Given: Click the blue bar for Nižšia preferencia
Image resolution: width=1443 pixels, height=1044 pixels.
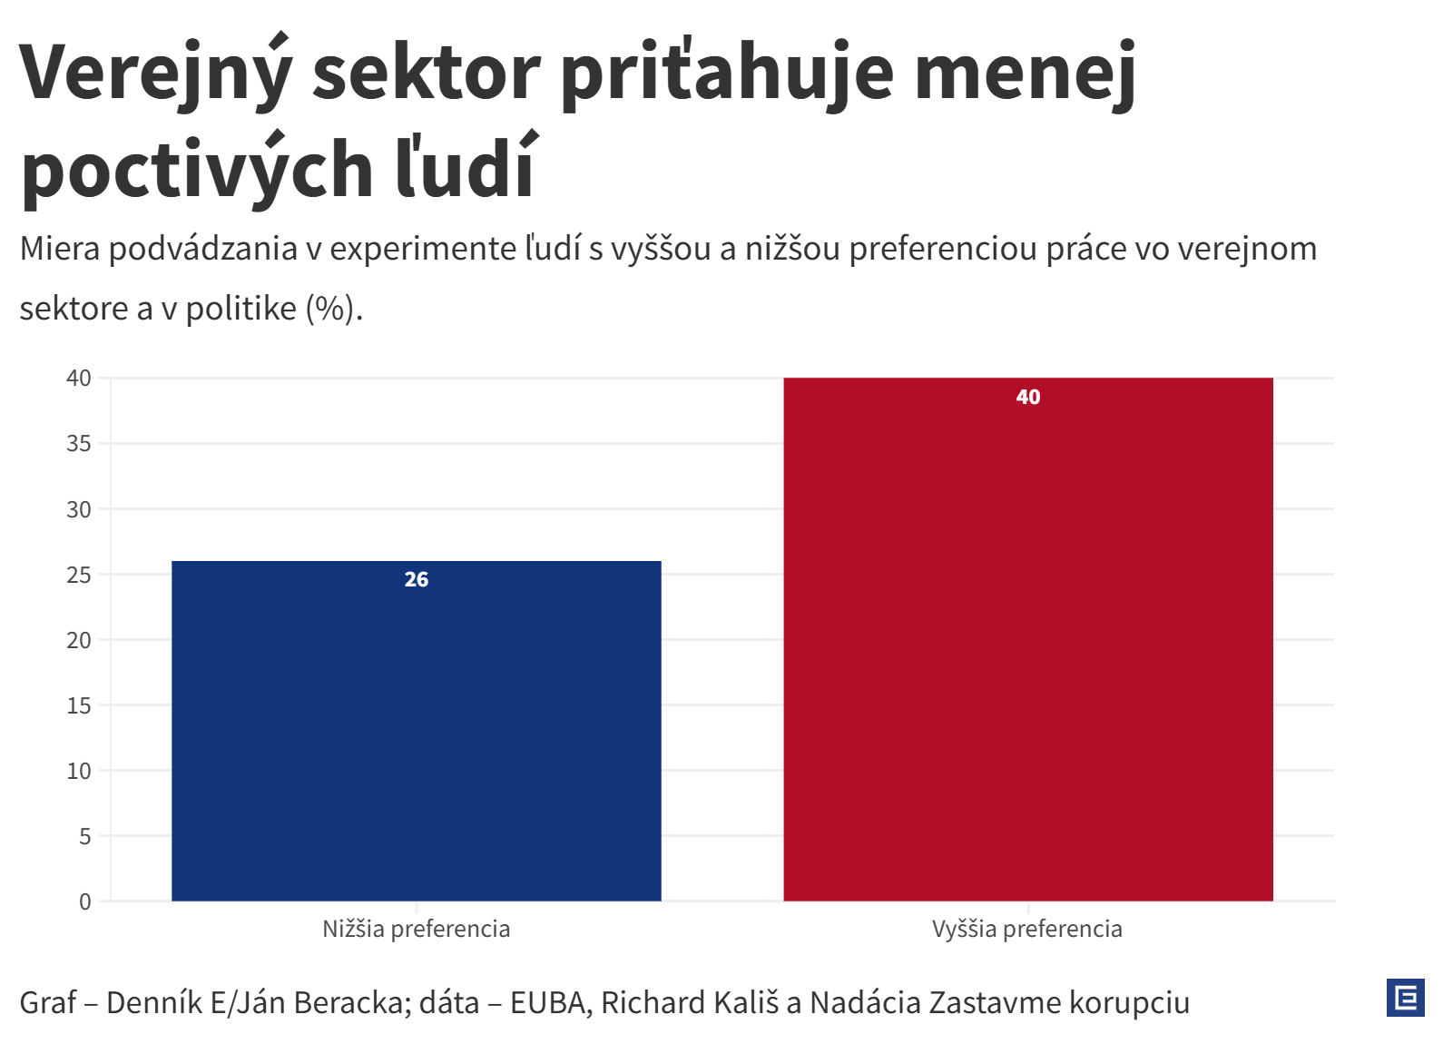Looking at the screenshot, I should [416, 731].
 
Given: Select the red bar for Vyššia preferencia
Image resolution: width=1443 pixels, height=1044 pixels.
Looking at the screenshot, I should [1028, 639].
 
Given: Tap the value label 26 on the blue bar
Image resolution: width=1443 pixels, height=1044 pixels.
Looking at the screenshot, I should [417, 580].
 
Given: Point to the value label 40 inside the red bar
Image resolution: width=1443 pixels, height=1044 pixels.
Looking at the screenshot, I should [1028, 398].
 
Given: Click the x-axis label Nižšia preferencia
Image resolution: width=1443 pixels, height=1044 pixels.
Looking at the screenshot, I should [417, 929].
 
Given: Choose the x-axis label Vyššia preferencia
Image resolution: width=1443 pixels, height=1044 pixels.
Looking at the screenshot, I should [1027, 929].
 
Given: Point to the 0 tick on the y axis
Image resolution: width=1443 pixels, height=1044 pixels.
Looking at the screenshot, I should [85, 901].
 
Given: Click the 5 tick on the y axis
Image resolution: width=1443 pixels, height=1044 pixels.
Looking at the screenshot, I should [85, 836].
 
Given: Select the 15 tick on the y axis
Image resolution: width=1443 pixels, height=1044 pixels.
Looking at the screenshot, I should [80, 705].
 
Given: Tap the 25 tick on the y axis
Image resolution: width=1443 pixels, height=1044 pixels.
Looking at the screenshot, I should [80, 575].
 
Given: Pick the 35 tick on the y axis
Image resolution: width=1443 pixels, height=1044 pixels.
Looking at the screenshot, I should [80, 444].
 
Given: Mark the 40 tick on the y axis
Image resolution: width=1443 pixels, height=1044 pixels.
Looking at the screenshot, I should [80, 379].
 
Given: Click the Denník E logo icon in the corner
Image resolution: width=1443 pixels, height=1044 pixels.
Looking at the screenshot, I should [1405, 998].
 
